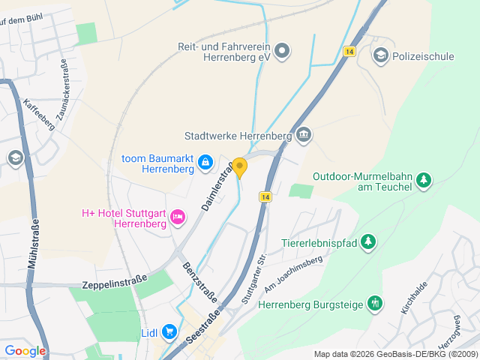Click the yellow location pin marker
pos(239,166)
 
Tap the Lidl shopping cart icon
pos(169,331)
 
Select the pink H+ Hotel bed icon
pos(178,217)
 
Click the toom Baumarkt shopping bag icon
pos(206,163)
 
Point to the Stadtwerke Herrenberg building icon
pos(304,136)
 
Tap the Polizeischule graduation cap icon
pos(381,55)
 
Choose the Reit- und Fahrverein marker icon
pos(282,51)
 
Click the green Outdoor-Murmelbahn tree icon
pos(424,180)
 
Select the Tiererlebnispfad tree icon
pos(367,242)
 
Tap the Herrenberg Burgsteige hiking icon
pos(375,303)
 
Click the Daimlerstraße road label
pos(214,180)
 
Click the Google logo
pos(25,350)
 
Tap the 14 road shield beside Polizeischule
pos(349,51)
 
